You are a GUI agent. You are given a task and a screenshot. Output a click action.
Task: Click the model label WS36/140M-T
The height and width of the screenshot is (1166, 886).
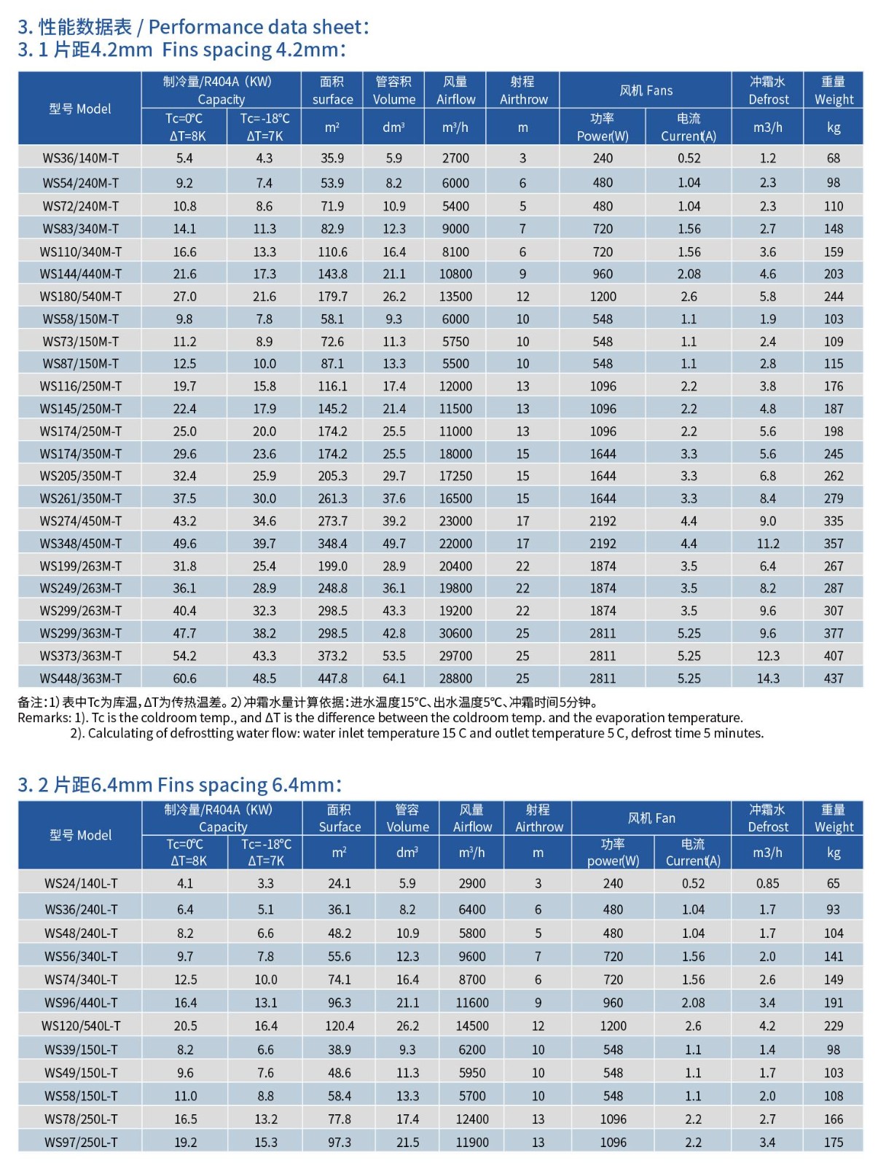coord(80,158)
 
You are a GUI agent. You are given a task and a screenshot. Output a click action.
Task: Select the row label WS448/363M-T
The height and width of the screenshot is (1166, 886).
coord(80,678)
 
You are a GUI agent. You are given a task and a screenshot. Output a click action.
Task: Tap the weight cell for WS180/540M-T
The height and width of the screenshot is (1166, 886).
coord(834,297)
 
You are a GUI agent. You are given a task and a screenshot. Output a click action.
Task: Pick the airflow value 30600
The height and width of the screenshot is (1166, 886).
coord(455,633)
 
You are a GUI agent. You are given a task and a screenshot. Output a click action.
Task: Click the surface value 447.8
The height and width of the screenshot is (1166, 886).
coord(332,678)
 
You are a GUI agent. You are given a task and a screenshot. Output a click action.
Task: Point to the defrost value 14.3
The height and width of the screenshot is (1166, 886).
coord(768,678)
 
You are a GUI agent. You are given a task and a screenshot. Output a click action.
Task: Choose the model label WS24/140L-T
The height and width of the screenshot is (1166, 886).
coord(80,883)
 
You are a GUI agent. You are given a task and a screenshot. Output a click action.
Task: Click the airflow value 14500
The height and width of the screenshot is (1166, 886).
coord(472,1026)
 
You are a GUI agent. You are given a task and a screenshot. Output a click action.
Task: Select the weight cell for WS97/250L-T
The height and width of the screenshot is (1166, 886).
coord(834,1143)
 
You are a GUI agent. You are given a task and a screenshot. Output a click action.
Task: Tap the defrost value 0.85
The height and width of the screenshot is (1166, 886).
coord(767,883)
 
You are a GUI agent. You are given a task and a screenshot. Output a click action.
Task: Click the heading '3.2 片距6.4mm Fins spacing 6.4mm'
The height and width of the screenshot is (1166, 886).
coord(179,785)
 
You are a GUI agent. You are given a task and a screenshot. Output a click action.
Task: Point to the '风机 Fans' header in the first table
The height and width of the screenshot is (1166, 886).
coord(646,90)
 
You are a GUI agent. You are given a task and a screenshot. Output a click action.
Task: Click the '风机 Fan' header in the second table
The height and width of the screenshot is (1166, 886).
coord(651,818)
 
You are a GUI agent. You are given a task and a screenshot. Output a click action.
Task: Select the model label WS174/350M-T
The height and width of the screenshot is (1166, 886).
coord(80,454)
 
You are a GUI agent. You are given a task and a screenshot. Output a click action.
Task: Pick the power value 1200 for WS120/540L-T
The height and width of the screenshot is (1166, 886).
coord(613,1026)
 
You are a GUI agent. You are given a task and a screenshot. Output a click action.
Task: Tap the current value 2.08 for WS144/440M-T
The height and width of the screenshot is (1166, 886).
coord(689,274)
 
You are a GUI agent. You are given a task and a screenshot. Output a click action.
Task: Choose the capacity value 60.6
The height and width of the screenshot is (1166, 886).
coord(184,678)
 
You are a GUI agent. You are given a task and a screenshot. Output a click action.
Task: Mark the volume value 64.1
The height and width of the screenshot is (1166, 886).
coord(394,678)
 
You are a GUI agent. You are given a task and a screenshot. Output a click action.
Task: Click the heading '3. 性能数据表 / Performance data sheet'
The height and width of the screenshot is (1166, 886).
coord(193,27)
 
